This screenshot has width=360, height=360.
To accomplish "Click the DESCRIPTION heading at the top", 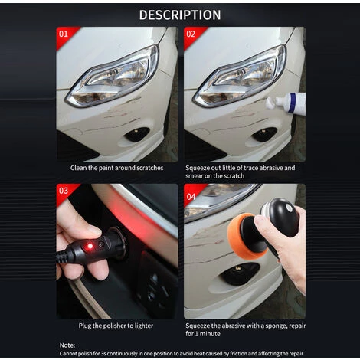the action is [180, 15].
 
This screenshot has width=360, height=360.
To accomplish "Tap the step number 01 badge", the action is [64, 34].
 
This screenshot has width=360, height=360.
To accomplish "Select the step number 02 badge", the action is [191, 34].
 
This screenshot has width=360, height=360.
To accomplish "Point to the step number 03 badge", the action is [64, 191].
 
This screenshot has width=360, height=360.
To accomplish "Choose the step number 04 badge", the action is [191, 197].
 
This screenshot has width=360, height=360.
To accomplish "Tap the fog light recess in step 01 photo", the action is [137, 134].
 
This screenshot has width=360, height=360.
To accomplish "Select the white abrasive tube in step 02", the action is [286, 103].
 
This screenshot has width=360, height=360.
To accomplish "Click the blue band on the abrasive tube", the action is [292, 103].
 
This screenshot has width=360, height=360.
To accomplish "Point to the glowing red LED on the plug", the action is [90, 247].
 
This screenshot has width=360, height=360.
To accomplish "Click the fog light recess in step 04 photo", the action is [240, 273].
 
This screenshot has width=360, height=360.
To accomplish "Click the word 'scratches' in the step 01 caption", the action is [150, 168].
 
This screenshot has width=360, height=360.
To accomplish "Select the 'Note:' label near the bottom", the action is [67, 345].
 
